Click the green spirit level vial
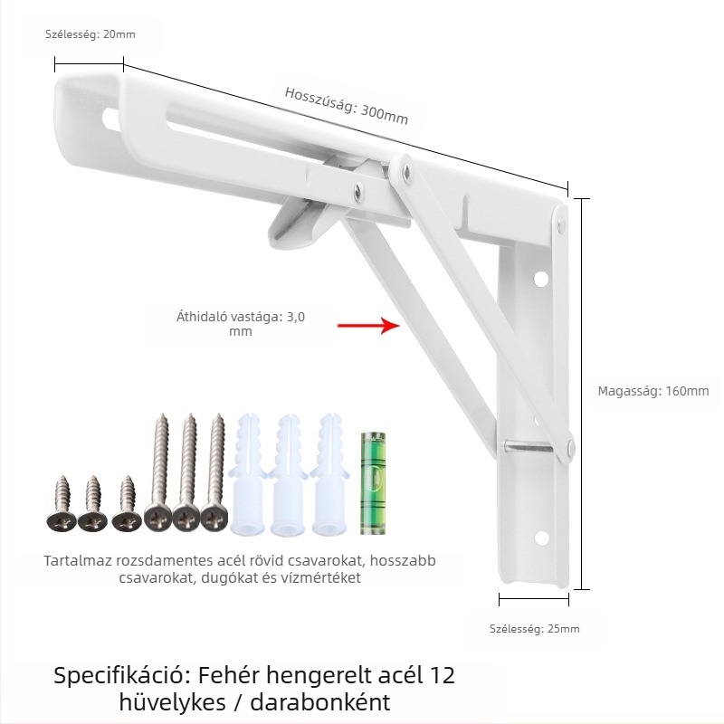372,483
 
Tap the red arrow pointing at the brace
368,325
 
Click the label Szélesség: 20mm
90,34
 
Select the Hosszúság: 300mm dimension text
347,106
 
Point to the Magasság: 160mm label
653,391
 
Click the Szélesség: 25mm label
534,628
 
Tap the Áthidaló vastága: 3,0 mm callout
241,324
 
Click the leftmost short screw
62,504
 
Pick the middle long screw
187,472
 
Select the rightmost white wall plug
329,475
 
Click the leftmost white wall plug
250,475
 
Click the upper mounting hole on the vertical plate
540,279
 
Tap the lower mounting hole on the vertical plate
541,538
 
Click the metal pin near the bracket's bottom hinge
528,446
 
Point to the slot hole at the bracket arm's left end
110,119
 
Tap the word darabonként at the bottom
320,702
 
